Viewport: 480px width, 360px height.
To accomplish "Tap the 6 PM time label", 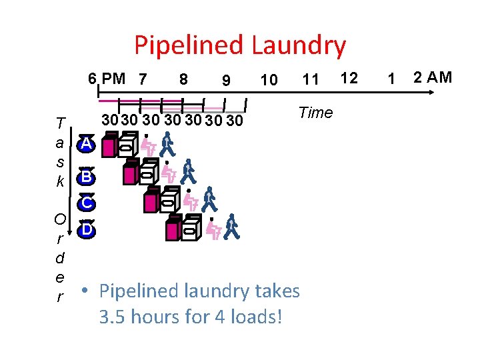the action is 107,78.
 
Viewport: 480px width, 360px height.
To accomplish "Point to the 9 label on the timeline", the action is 226,80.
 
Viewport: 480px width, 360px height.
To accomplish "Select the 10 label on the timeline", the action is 269,80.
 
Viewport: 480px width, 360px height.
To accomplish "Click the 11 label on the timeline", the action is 311,80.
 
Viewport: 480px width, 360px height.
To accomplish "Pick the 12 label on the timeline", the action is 349,78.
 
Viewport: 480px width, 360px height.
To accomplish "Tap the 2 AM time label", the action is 432,77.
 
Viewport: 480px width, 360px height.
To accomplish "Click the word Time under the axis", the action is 315,113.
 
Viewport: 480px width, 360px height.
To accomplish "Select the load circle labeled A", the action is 86,145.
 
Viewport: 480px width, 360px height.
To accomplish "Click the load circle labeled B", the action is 86,177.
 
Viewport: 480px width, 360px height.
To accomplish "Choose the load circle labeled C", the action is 87,203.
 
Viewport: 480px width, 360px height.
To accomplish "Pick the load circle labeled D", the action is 86,230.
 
